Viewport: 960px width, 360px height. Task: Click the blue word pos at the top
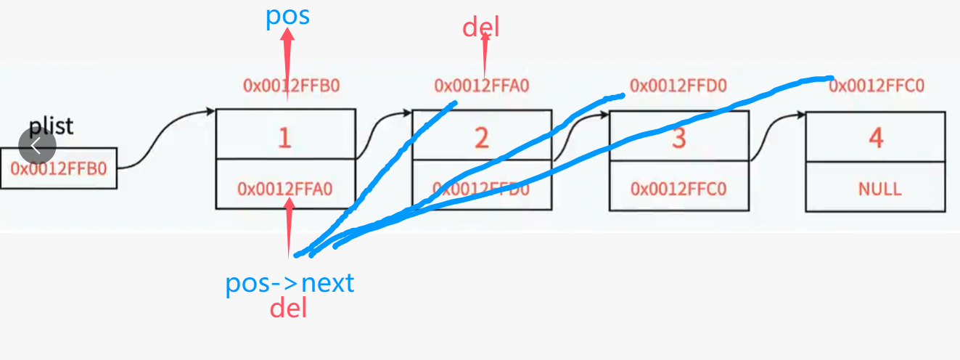(x=287, y=15)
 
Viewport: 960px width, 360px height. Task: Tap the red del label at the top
(x=481, y=28)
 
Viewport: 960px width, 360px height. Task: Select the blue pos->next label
(x=290, y=283)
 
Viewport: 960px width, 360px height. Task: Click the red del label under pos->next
(x=288, y=308)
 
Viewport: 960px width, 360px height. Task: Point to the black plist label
(x=52, y=126)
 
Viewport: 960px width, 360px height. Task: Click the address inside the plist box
(x=58, y=169)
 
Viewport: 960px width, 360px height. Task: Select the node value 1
(x=284, y=136)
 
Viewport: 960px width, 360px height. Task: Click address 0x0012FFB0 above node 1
(x=291, y=86)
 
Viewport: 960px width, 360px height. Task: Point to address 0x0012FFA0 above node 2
(x=482, y=86)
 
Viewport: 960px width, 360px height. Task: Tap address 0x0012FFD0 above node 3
(x=678, y=86)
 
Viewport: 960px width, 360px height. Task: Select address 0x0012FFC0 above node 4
(x=877, y=86)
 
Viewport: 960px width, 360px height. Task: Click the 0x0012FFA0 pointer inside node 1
(x=284, y=189)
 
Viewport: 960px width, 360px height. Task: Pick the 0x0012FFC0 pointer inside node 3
(x=678, y=189)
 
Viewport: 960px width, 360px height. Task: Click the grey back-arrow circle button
(x=37, y=145)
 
